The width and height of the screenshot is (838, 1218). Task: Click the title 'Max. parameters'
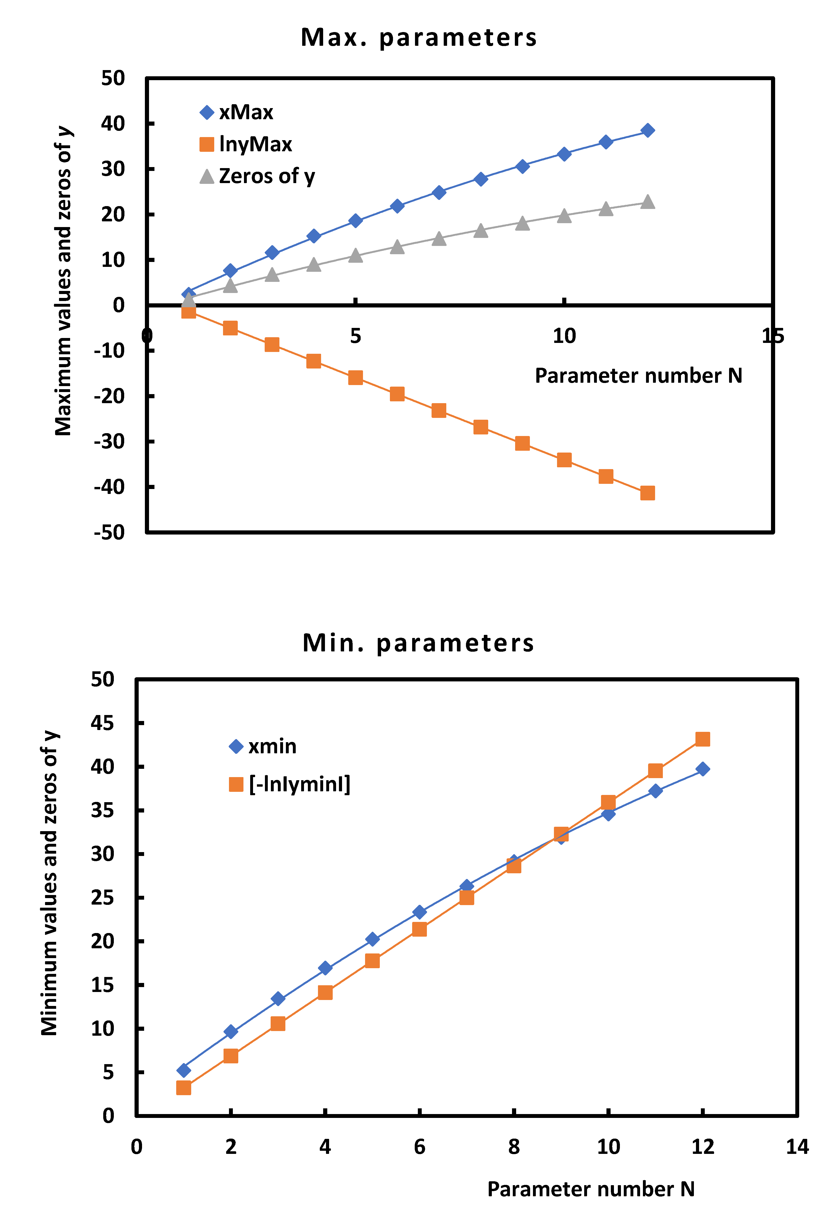418,38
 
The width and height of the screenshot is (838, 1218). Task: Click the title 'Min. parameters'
418,643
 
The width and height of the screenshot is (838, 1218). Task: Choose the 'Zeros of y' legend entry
257,176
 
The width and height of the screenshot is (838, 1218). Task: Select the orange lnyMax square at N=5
355,377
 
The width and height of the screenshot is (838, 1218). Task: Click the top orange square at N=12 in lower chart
702,739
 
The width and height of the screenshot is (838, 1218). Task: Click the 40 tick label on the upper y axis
113,124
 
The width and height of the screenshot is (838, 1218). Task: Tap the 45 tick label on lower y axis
102,723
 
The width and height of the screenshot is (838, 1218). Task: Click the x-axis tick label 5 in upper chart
355,336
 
